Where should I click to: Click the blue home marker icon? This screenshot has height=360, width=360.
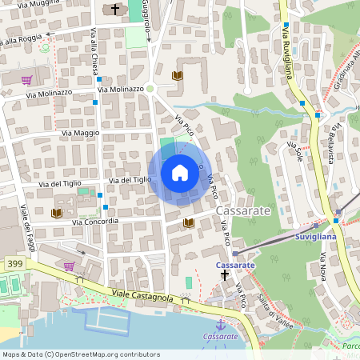[180, 172]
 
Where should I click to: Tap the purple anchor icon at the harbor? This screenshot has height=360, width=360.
[220, 324]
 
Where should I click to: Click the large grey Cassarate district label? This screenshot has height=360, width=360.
[244, 210]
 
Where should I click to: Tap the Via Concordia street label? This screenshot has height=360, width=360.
[95, 222]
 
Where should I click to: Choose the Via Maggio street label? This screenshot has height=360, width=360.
[80, 132]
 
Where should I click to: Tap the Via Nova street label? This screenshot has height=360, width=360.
[324, 266]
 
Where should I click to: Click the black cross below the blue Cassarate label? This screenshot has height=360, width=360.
[225, 274]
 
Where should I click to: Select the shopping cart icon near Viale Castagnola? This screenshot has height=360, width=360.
[69, 266]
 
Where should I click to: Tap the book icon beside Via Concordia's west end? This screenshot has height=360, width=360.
[56, 213]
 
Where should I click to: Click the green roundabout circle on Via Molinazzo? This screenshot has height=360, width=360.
[150, 90]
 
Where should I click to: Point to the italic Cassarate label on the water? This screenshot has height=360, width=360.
[221, 337]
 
